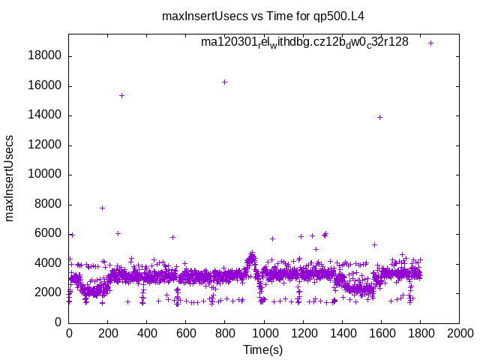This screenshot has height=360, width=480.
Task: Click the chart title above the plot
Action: [268, 16]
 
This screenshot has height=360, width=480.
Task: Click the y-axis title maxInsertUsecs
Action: [10, 178]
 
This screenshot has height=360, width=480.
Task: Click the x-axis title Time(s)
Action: [263, 349]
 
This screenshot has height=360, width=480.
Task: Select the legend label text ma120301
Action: [304, 42]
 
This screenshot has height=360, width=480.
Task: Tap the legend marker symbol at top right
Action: [430, 43]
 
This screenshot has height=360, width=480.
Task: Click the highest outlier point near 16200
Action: [225, 82]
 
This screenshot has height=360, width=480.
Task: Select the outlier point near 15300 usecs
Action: [121, 95]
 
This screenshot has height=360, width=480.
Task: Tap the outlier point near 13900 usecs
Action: [379, 117]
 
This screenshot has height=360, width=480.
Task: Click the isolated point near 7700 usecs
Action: [102, 208]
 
